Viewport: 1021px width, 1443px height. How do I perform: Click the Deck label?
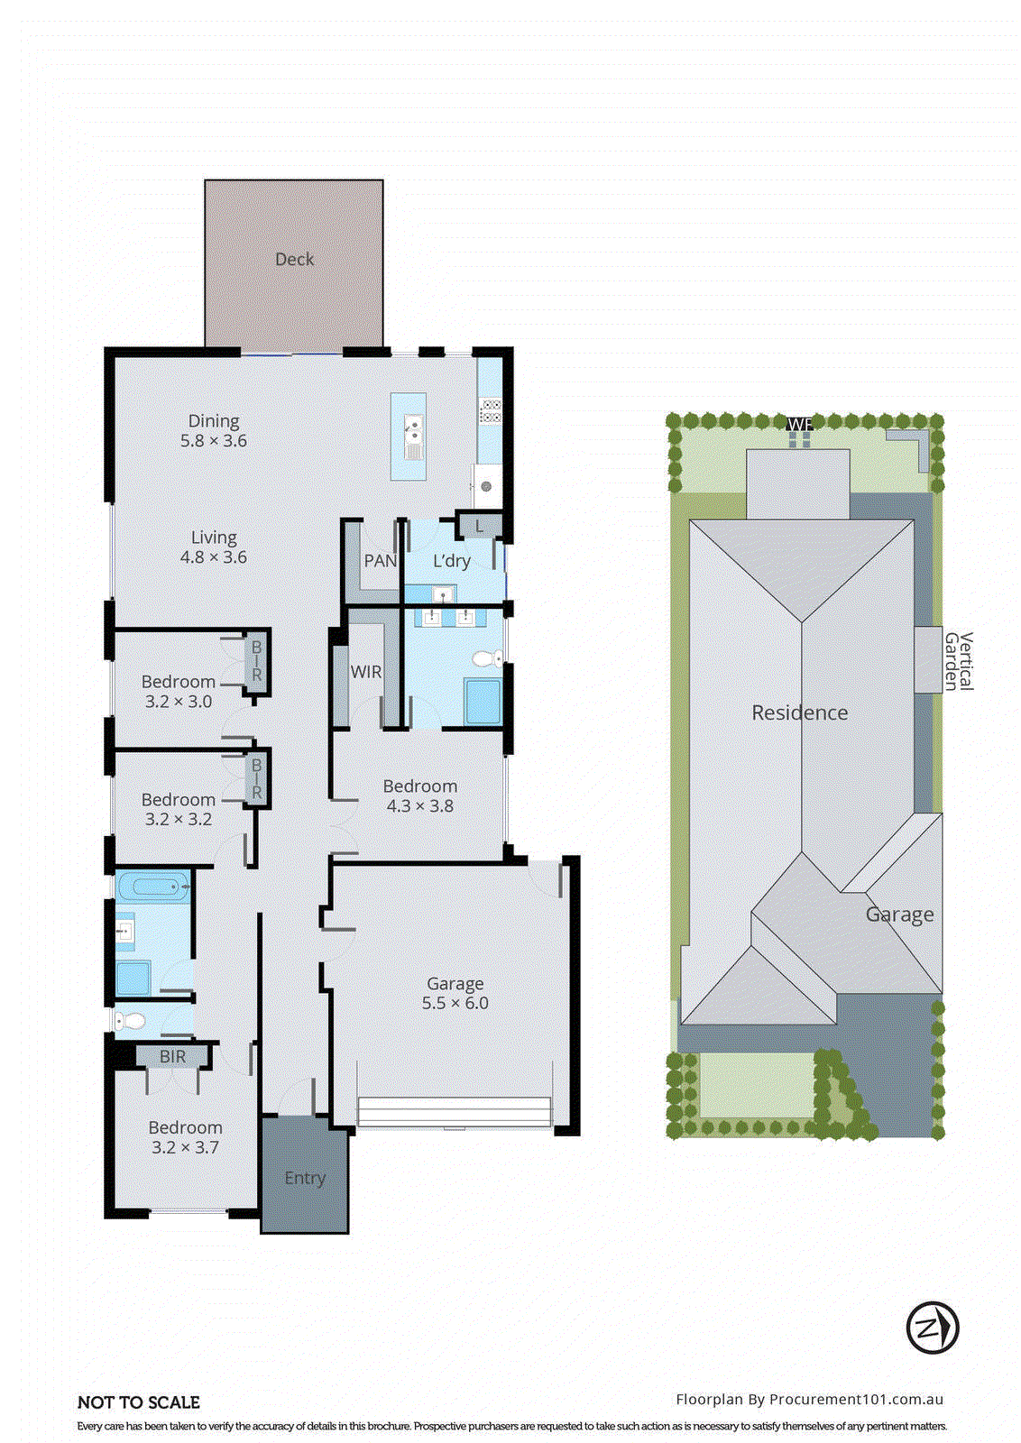point(294,259)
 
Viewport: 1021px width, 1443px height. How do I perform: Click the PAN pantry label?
point(380,561)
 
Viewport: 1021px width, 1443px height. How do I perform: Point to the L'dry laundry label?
point(451,561)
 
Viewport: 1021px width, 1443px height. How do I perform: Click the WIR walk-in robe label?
point(365,672)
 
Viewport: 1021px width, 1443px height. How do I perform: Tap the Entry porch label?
point(305,1178)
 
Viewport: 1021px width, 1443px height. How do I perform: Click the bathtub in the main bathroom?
point(154,887)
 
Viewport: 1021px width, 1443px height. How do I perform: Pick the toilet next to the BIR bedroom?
point(131,1021)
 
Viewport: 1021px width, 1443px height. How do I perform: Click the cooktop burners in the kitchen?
point(491,411)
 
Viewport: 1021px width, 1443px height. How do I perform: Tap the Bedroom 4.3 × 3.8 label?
point(419,795)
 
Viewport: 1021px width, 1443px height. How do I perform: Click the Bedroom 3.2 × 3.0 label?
point(179,691)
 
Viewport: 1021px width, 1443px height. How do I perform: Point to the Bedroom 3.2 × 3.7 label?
point(185,1137)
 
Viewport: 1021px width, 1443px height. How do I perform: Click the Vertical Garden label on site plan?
point(958,661)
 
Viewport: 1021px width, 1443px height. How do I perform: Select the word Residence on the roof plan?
point(799,712)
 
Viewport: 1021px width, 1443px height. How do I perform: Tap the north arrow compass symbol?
point(932,1328)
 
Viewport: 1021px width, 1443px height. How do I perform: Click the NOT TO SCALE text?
point(139,1402)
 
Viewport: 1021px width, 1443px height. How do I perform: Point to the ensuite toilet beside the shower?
point(488,658)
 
